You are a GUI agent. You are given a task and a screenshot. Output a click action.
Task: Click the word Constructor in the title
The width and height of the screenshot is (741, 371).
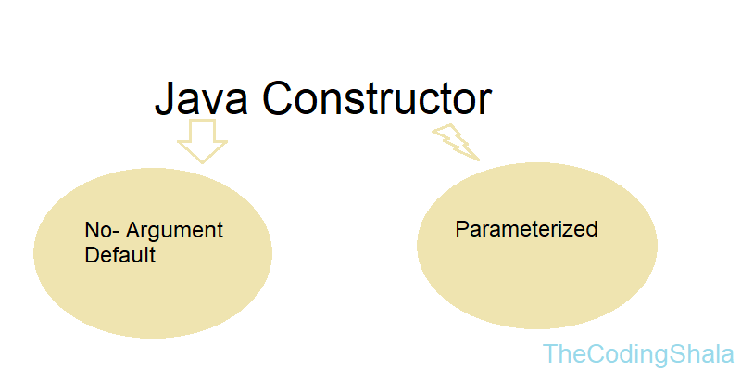pyautogui.click(x=376, y=99)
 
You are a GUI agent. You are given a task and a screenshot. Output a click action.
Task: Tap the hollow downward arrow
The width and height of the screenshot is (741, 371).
pyautogui.click(x=201, y=140)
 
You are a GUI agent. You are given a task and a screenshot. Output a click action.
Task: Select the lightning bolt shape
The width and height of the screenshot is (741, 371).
pyautogui.click(x=455, y=142)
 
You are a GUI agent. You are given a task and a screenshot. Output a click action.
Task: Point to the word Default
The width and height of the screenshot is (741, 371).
pyautogui.click(x=119, y=255)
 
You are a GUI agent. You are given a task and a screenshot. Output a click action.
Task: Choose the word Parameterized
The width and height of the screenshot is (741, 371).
pyautogui.click(x=526, y=228)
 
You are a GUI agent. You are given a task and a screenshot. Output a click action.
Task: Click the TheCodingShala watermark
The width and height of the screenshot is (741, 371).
pyautogui.click(x=638, y=353)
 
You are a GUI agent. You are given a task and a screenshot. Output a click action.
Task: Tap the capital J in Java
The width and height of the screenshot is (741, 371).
pyautogui.click(x=165, y=100)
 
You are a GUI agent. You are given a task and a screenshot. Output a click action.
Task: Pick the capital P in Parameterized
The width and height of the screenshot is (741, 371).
pyautogui.click(x=461, y=228)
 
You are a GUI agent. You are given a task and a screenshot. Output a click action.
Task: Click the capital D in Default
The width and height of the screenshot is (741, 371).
pyautogui.click(x=91, y=255)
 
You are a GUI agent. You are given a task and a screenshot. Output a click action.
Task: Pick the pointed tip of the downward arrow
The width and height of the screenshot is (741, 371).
pyautogui.click(x=201, y=161)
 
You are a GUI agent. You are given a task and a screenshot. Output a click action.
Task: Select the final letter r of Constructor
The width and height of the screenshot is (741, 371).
pyautogui.click(x=484, y=103)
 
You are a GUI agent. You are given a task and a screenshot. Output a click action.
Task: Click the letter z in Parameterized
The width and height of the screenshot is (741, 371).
pyautogui.click(x=572, y=230)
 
